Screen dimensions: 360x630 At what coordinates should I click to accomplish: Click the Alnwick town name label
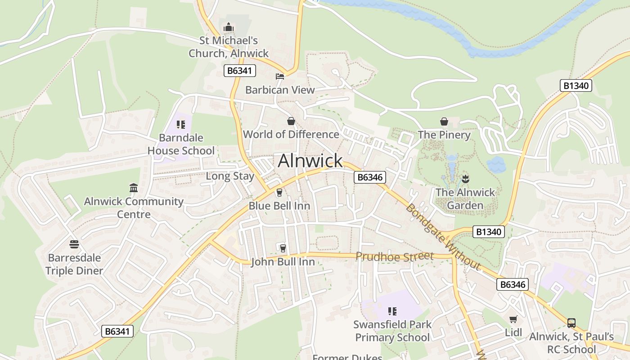pyautogui.click(x=310, y=161)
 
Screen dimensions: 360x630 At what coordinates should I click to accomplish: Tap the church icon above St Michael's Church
pyautogui.click(x=229, y=27)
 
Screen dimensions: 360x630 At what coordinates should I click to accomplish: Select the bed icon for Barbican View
pyautogui.click(x=280, y=76)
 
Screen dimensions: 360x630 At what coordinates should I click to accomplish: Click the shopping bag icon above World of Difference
pyautogui.click(x=291, y=121)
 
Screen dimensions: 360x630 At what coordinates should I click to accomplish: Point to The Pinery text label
pyautogui.click(x=444, y=135)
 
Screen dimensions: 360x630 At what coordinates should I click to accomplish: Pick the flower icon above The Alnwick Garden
pyautogui.click(x=465, y=179)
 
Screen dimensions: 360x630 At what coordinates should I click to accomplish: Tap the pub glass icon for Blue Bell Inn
pyautogui.click(x=279, y=193)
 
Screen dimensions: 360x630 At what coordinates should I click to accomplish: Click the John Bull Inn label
pyautogui.click(x=283, y=261)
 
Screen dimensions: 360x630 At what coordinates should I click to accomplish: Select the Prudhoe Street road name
pyautogui.click(x=394, y=256)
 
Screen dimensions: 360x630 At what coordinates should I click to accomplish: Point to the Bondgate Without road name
pyautogui.click(x=443, y=237)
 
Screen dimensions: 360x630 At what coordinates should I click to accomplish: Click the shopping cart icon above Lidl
pyautogui.click(x=513, y=319)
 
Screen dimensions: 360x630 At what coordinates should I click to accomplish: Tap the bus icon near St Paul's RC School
pyautogui.click(x=571, y=323)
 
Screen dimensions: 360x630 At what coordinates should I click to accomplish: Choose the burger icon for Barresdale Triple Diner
pyautogui.click(x=75, y=244)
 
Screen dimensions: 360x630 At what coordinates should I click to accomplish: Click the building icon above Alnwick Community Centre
pyautogui.click(x=134, y=188)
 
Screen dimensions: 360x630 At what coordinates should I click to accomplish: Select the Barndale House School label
pyautogui.click(x=181, y=144)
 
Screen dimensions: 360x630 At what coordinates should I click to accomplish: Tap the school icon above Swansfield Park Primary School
pyautogui.click(x=392, y=311)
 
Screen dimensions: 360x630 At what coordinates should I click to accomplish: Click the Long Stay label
pyautogui.click(x=230, y=176)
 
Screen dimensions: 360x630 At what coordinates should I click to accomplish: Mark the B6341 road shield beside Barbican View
pyautogui.click(x=240, y=71)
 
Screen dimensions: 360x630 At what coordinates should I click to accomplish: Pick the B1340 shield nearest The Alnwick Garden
pyautogui.click(x=489, y=232)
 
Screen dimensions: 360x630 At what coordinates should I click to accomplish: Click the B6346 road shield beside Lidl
pyautogui.click(x=513, y=284)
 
